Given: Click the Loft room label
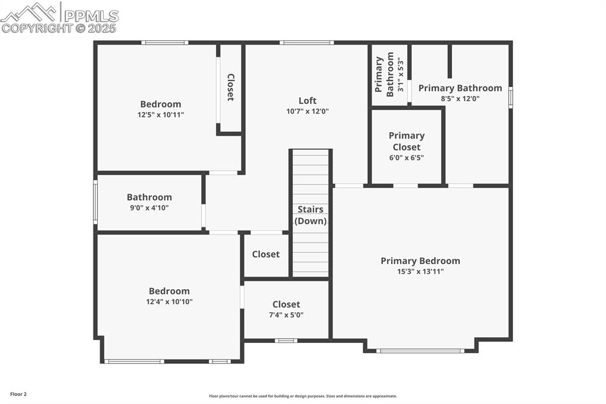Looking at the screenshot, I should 307,101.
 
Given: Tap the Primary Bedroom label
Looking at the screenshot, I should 420,261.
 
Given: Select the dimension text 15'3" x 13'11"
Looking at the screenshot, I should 420,271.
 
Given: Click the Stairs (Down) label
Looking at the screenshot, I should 311,215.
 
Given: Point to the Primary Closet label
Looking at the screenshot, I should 407,141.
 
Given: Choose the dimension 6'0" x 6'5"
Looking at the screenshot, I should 407,158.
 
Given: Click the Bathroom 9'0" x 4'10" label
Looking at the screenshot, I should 149,197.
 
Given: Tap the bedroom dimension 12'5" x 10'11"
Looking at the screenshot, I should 160,115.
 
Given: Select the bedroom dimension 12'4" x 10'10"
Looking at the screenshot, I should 169,302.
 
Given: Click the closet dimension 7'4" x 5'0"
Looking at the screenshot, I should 286,315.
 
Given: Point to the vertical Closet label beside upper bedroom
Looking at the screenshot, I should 231,87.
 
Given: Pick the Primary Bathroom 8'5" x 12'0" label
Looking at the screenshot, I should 460,88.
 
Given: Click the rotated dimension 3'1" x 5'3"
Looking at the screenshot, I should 401,75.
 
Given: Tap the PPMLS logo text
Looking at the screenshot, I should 91,16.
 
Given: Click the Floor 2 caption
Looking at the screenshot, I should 18,394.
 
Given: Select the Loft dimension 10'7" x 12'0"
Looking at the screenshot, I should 307,111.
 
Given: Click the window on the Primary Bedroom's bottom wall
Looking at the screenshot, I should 421,351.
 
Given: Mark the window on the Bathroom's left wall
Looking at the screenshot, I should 95,202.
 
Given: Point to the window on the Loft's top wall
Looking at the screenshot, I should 307,43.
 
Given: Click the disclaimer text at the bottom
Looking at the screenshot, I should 302,396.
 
